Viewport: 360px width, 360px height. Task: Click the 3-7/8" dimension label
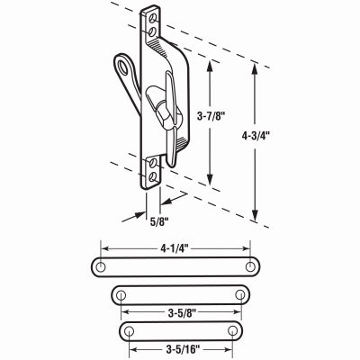(211, 116)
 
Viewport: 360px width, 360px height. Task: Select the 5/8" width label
(159, 222)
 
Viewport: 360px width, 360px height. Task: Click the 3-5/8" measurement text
(181, 313)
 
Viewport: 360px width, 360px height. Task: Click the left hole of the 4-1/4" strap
(101, 266)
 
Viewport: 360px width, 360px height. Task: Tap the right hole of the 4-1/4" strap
(250, 266)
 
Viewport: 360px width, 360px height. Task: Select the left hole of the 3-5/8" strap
(121, 295)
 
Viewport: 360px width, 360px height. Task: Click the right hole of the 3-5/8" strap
(239, 294)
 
